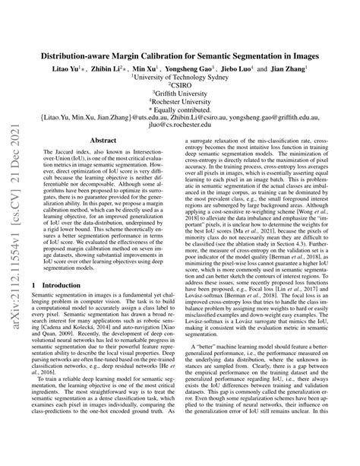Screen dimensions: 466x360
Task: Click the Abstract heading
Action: pyautogui.click(x=103, y=162)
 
